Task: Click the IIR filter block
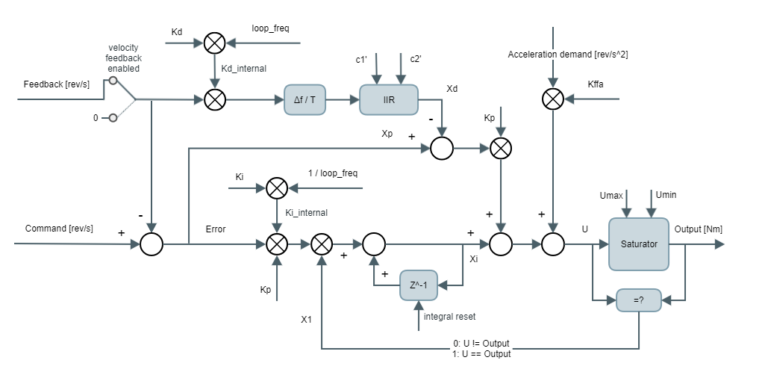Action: [389, 99]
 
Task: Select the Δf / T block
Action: [305, 99]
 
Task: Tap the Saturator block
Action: [639, 244]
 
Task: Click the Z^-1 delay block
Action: [420, 285]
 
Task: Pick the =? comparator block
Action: [639, 300]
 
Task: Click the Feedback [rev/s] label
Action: [57, 84]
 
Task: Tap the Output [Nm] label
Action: [698, 229]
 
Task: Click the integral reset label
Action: [449, 317]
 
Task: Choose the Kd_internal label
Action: [244, 68]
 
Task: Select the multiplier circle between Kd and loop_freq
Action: [215, 43]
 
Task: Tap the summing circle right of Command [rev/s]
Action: [152, 244]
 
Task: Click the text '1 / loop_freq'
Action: [333, 173]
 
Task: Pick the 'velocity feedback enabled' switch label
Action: [124, 58]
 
